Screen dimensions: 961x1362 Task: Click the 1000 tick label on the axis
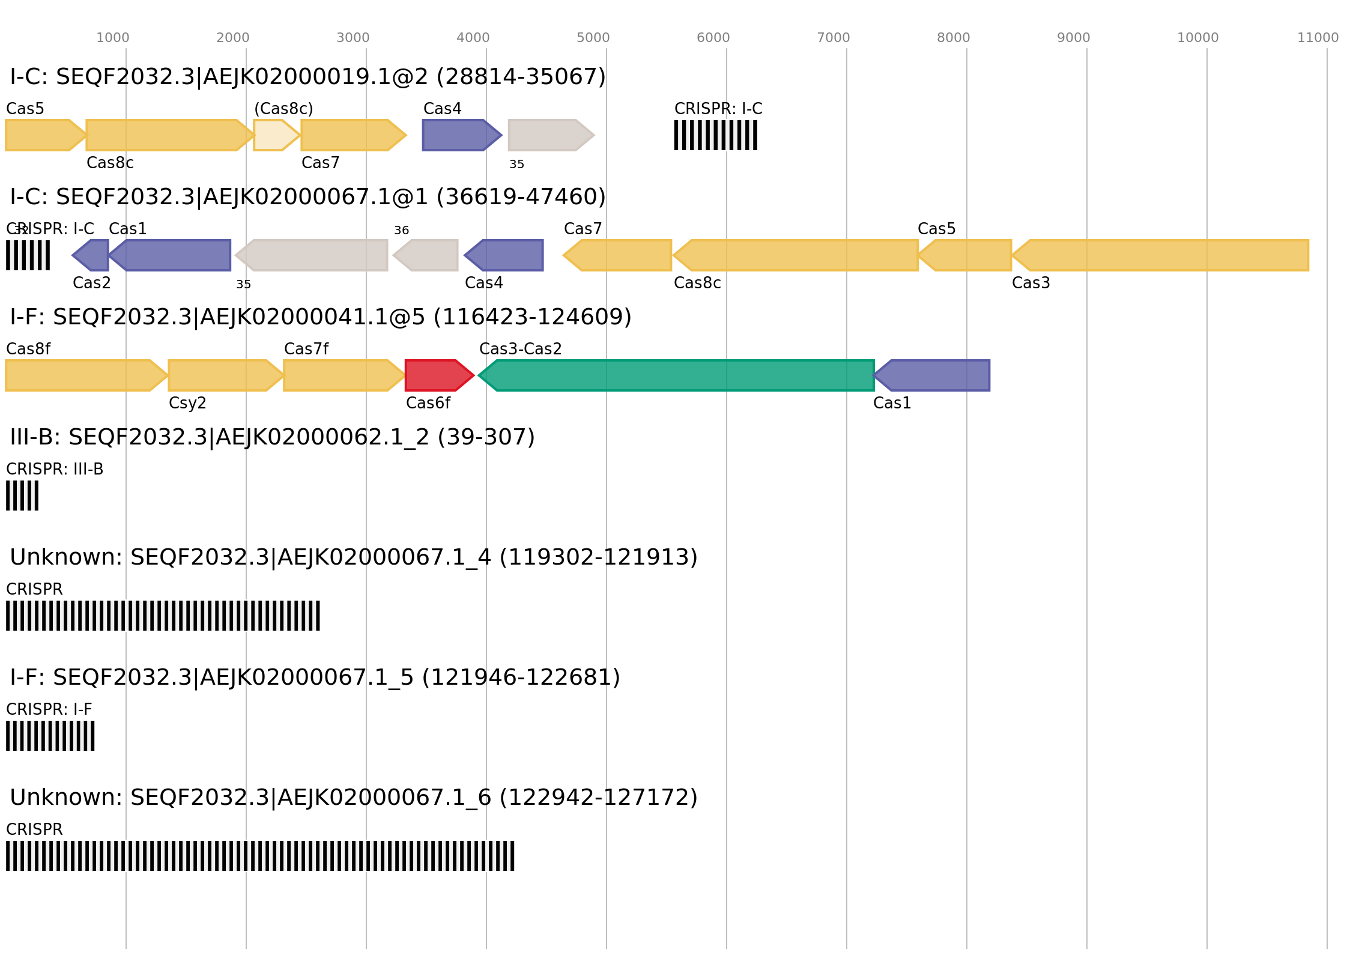coord(112,38)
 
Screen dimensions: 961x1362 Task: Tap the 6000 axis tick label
coord(713,38)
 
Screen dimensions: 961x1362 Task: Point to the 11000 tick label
coord(1318,38)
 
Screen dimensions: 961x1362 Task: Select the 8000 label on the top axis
coord(953,38)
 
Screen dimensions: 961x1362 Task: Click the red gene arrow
coord(437,375)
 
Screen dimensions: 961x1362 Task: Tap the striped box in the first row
coord(715,135)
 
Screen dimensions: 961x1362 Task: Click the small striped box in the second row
coord(28,255)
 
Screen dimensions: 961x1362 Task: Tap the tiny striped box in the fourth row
coord(22,496)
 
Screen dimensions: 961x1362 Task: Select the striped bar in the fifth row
coord(163,616)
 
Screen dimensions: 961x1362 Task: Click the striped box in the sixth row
coord(50,736)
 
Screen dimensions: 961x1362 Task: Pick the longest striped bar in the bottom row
coord(260,856)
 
